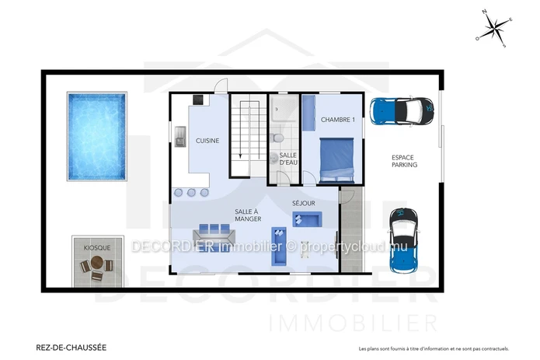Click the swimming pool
[97, 136]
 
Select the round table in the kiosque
[97, 263]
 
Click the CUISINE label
[207, 141]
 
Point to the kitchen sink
[180, 137]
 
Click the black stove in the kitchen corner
[198, 100]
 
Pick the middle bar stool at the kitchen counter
[191, 193]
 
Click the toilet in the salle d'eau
[277, 138]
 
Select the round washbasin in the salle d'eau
[273, 158]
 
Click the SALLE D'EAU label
[288, 159]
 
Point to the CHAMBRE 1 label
[338, 120]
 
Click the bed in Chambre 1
[336, 160]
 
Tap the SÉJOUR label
[304, 203]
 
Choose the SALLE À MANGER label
[248, 215]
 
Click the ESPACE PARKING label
[405, 161]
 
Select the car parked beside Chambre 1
[402, 111]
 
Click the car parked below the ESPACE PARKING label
[403, 241]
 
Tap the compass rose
[494, 28]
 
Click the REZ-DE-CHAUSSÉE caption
[71, 348]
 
